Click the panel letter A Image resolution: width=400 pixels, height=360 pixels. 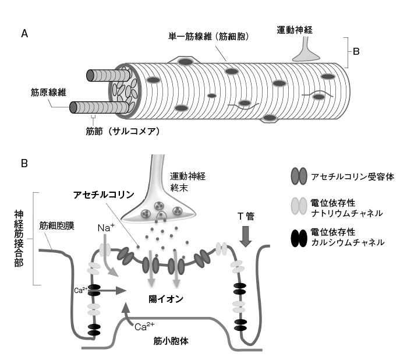point(24,34)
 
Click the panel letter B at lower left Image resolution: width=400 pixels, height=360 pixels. point(24,165)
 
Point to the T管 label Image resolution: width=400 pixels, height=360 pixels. point(245,216)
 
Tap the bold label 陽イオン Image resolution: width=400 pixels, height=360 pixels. point(166,298)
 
